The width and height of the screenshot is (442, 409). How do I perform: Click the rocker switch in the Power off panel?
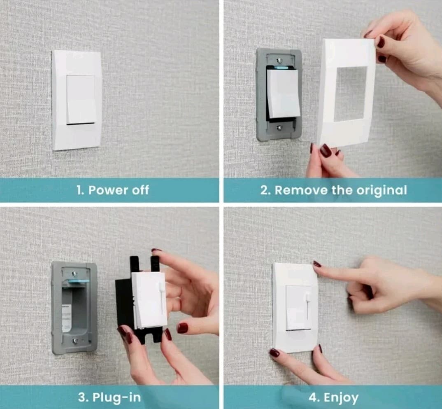tap(81, 99)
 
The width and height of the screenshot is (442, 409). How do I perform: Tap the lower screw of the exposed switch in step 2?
tap(279, 128)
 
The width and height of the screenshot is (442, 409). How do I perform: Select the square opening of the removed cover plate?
tap(350, 94)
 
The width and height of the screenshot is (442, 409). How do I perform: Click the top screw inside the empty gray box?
tap(74, 273)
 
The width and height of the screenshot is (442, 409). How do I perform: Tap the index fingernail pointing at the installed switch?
tap(317, 264)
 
